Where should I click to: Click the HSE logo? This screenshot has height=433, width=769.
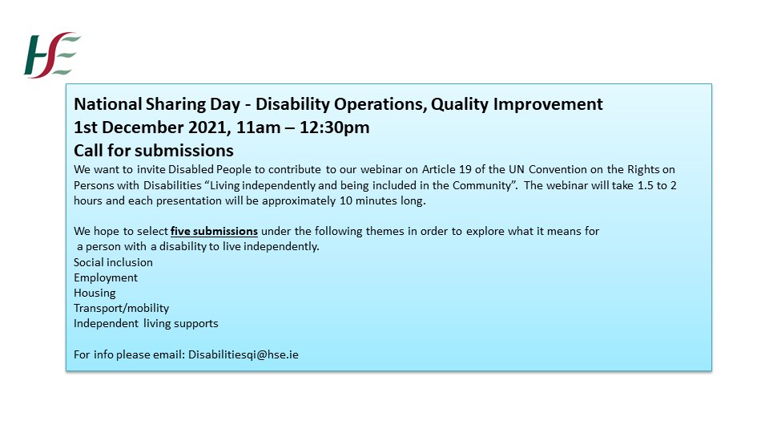(52, 55)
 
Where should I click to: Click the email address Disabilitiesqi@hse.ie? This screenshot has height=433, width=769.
(244, 354)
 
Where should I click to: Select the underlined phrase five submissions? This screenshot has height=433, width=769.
(214, 231)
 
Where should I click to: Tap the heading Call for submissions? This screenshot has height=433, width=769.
(154, 150)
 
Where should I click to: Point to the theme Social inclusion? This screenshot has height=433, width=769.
(113, 262)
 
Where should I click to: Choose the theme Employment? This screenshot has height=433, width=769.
(106, 277)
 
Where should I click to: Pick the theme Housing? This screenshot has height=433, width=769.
(95, 293)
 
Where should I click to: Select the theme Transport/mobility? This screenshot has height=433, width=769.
(121, 308)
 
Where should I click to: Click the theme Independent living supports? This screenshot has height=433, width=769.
(146, 323)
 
